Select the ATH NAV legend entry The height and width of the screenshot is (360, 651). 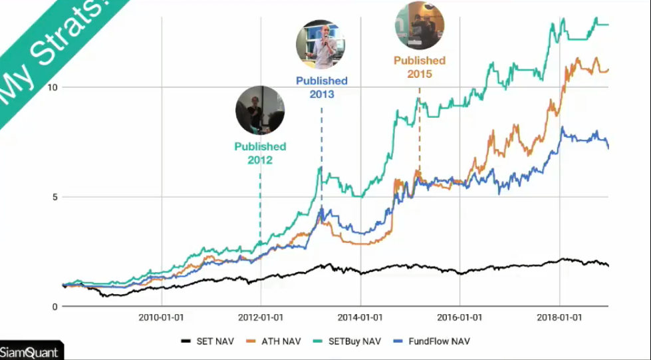(x=273, y=341)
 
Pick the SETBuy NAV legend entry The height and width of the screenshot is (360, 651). (x=346, y=341)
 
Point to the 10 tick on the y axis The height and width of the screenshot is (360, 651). (x=53, y=87)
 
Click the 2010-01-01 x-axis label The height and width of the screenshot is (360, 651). (x=162, y=317)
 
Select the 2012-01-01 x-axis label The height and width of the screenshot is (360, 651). (x=261, y=317)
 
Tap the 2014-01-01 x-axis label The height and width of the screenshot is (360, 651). (x=360, y=317)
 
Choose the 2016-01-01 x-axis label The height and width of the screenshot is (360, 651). (x=459, y=317)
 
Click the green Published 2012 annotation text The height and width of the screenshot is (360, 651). (x=260, y=153)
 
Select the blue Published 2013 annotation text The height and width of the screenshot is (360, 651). (x=321, y=87)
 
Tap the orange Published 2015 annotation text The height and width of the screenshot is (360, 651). (x=420, y=67)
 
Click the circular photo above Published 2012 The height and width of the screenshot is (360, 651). (x=260, y=110)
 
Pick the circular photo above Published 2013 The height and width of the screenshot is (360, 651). (x=321, y=44)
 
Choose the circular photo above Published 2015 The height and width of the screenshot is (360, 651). (x=420, y=25)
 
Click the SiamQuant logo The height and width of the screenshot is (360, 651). (x=29, y=352)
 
